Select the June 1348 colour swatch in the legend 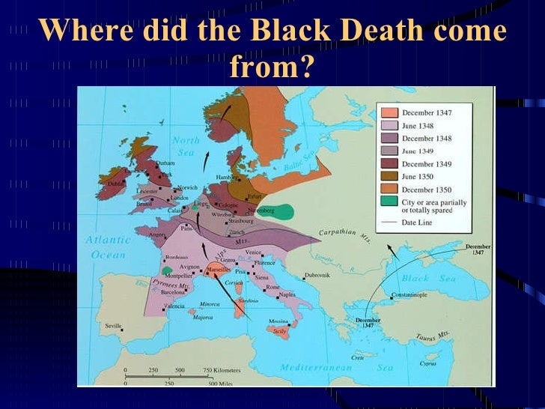tap(389, 126)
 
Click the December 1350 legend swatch tap(389, 190)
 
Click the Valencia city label tap(174, 306)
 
